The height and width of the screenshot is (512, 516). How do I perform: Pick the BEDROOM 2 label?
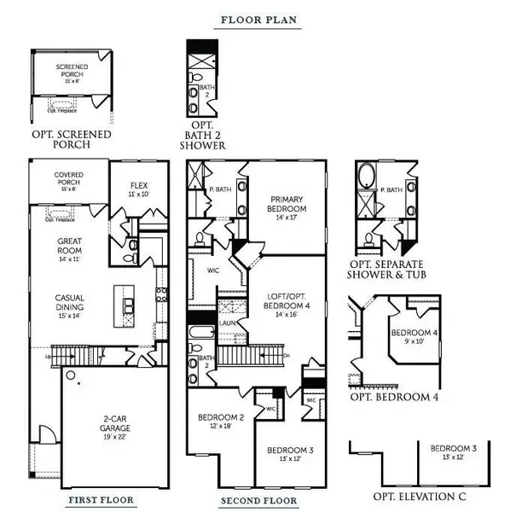pos(221,422)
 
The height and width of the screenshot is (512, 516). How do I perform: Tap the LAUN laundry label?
pos(228,323)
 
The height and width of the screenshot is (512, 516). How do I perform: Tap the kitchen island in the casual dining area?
pos(127,300)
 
